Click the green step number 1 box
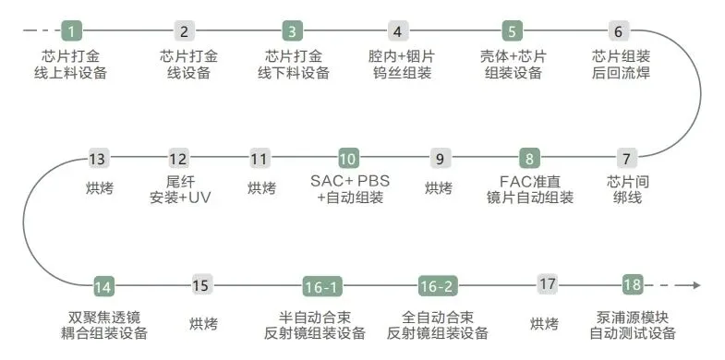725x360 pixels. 72,31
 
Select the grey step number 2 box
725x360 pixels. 185,31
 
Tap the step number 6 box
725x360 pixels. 619,31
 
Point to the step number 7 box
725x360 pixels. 626,159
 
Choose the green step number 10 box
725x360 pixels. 348,159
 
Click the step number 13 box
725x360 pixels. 99,159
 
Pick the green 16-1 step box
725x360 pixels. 322,286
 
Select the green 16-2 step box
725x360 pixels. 438,286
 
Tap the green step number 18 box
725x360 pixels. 633,284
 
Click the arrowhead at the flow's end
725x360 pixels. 697,285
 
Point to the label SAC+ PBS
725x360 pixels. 350,181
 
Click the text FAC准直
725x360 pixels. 530,181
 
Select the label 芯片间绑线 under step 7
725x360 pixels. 628,189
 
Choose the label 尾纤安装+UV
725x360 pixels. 180,189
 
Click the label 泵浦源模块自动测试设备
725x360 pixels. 633,325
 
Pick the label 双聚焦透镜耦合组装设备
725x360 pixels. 104,325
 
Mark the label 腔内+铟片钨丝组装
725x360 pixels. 402,65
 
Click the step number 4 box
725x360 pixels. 398,31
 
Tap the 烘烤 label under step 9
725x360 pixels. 439,188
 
